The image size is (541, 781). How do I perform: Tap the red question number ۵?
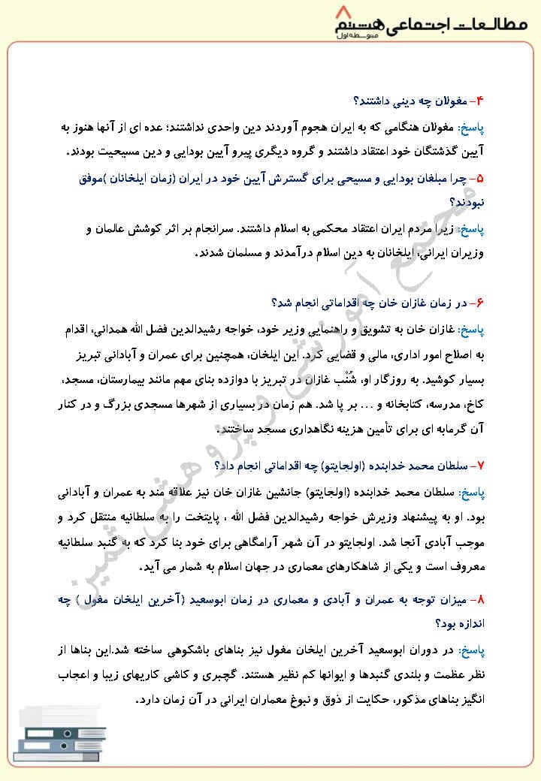pyautogui.click(x=482, y=178)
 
